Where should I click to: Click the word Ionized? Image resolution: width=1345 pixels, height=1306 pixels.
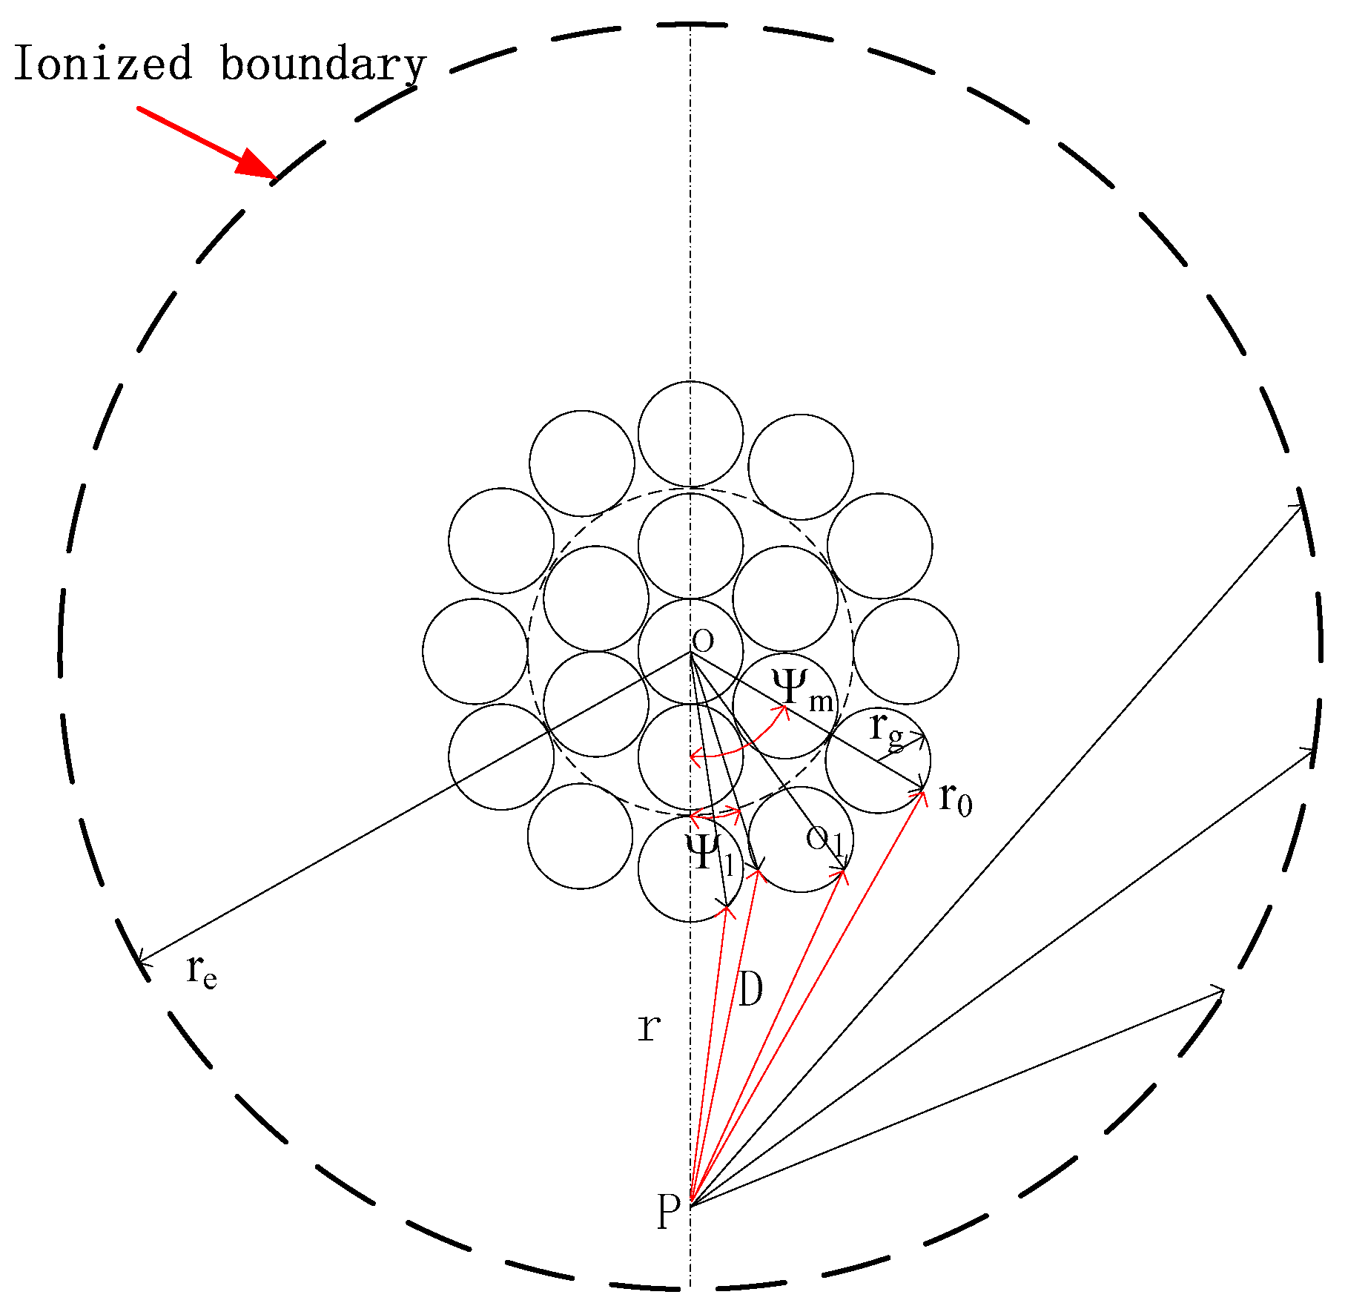[102, 64]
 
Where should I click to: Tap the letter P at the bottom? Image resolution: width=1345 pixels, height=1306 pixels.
[668, 1211]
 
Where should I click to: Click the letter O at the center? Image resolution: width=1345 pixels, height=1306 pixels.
[702, 640]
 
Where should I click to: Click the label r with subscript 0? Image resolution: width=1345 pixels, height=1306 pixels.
[955, 799]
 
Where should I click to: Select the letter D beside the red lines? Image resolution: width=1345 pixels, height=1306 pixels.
[750, 989]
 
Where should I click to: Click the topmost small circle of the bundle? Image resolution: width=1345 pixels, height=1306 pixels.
[690, 434]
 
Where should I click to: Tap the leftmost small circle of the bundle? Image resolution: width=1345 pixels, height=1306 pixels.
[475, 651]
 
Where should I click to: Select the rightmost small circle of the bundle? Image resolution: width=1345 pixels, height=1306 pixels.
[906, 651]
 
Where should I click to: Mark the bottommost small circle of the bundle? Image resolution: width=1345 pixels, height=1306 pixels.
[690, 869]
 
